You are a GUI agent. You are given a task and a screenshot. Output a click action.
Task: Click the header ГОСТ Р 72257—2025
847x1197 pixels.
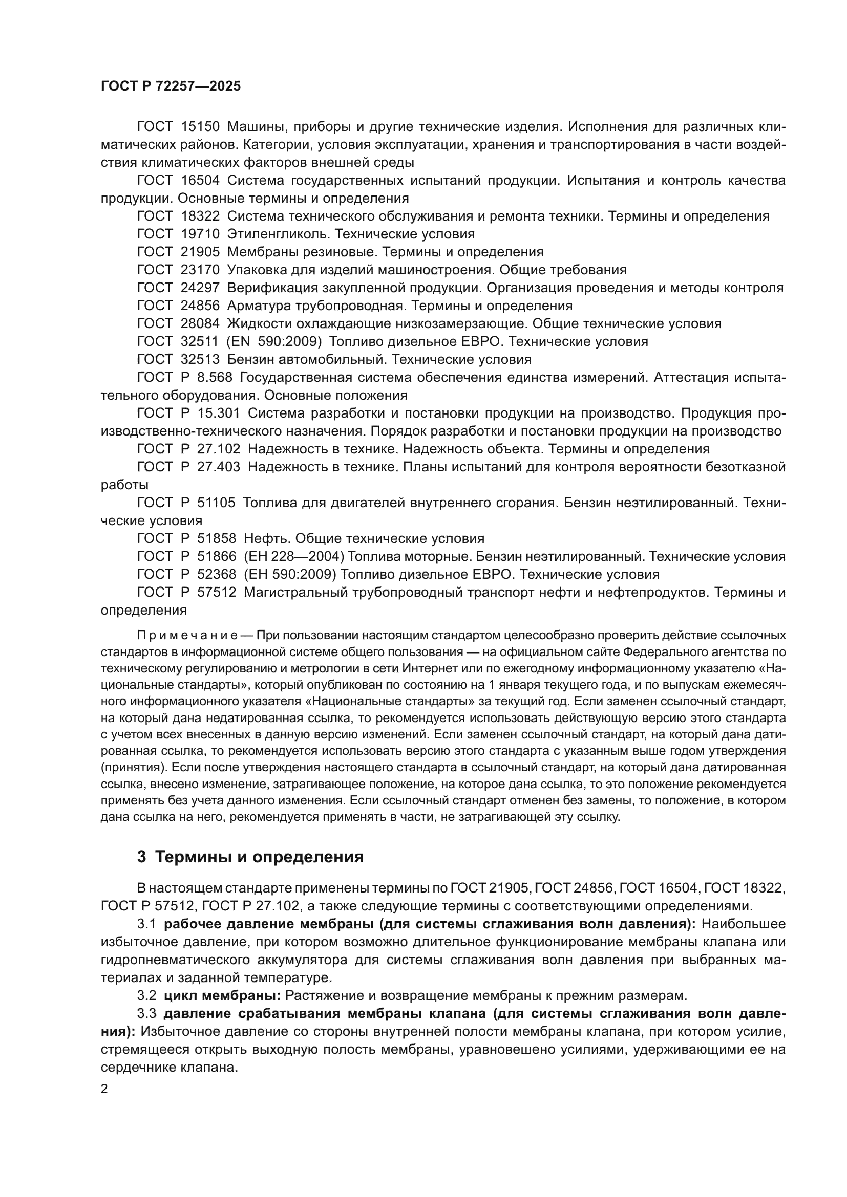(171, 86)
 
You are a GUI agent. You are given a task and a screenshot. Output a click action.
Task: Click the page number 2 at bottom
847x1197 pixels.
(104, 1089)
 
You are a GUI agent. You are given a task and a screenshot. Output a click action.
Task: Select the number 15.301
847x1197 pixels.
(219, 413)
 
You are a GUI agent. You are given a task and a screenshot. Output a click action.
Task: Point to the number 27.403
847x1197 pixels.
(219, 467)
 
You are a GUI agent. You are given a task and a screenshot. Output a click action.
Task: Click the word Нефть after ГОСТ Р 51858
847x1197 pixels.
(264, 538)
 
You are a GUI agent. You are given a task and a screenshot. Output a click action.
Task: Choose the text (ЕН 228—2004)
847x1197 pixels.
(294, 557)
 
